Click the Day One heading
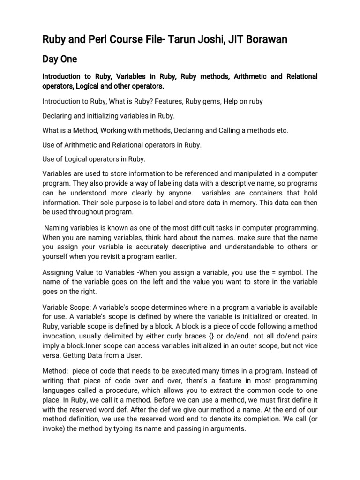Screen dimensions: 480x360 point(60,60)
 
